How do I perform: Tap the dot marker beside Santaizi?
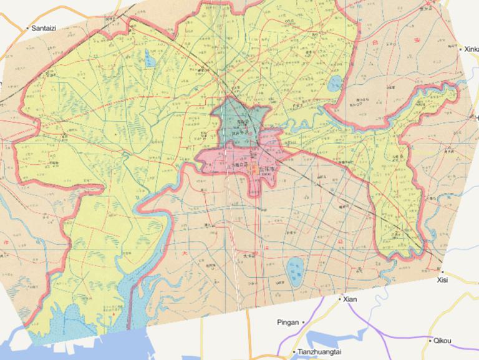click(x=27, y=29)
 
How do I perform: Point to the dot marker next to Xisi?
click(x=442, y=272)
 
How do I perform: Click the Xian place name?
click(x=350, y=299)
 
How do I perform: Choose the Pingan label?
click(x=288, y=323)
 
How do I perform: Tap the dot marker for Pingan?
click(x=303, y=323)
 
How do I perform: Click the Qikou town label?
click(x=442, y=341)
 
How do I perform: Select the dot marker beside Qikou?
click(x=430, y=341)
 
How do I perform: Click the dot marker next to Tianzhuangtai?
click(x=293, y=353)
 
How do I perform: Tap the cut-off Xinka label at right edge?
click(x=470, y=49)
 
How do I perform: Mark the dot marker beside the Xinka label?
click(x=460, y=49)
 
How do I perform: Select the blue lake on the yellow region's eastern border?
click(x=336, y=83)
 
